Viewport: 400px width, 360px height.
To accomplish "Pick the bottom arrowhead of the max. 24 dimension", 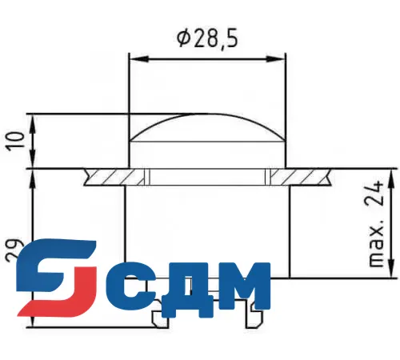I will [x=389, y=271].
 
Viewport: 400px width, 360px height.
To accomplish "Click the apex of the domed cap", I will [x=208, y=115].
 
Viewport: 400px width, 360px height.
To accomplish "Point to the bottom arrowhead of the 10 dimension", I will [x=33, y=162].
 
